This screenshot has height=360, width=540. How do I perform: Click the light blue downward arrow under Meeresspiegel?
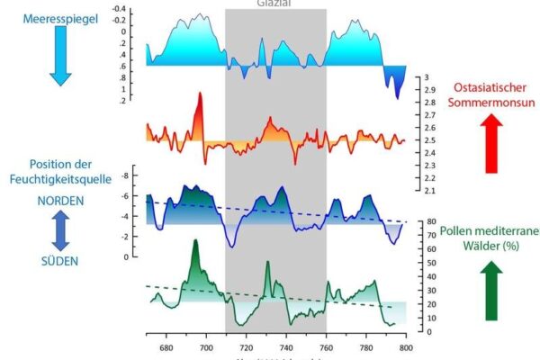(x=59, y=56)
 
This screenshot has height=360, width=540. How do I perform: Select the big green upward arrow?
(x=491, y=290)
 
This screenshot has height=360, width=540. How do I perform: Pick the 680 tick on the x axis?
(x=166, y=346)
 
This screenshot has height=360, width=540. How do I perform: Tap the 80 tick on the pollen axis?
(x=432, y=221)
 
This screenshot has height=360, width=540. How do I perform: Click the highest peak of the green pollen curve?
(x=194, y=242)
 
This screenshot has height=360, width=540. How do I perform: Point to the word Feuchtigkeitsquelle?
(x=59, y=178)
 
